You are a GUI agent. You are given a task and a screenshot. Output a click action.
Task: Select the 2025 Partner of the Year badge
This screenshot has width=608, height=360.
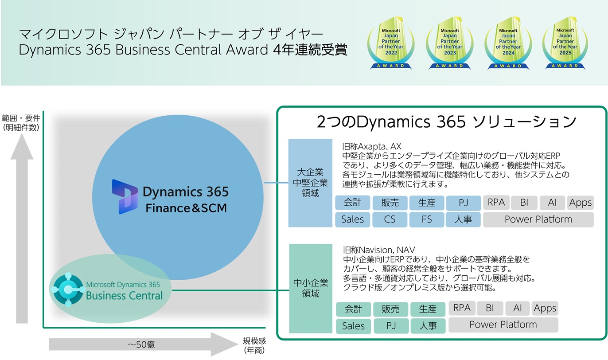point(565,43)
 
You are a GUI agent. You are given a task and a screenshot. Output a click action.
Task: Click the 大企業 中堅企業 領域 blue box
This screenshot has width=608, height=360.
point(310,183)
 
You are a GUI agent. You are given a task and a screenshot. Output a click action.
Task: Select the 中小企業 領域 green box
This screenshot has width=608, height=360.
point(310,288)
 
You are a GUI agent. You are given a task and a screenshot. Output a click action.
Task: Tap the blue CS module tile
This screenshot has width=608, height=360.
point(390,219)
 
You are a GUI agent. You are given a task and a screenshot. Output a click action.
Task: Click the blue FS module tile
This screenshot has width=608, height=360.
point(427,219)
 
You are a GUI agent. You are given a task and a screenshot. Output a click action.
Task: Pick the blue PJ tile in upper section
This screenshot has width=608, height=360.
point(464,203)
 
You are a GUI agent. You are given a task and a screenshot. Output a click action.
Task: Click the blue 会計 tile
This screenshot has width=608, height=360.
point(352,203)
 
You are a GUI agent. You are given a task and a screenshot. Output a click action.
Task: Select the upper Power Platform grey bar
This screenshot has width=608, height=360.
point(538,219)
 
